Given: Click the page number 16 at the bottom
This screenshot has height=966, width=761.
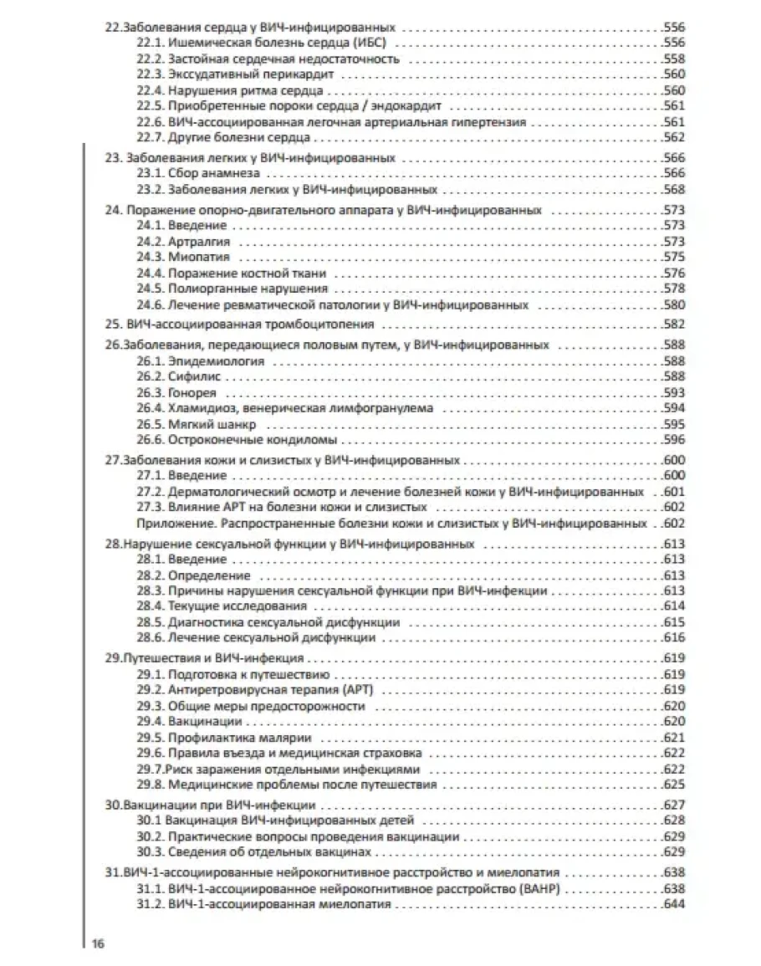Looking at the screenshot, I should pos(97,944).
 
